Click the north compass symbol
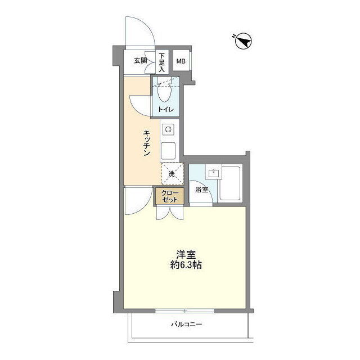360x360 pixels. coord(244,41)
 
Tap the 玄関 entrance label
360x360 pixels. coord(140,61)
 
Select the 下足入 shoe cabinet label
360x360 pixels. coord(162,62)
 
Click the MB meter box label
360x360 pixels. coord(181,61)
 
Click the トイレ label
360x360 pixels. coord(165,110)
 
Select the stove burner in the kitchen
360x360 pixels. coord(168,129)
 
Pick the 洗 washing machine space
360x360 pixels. coord(173,174)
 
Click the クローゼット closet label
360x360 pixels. coord(170,196)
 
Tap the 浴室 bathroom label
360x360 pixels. coord(202,190)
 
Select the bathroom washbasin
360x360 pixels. coord(214,173)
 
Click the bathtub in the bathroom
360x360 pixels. coord(230,183)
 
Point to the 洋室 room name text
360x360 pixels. coord(186,254)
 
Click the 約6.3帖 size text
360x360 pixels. coord(186,265)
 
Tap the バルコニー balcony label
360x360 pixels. coord(186,325)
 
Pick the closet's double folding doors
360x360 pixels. coord(170,213)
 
